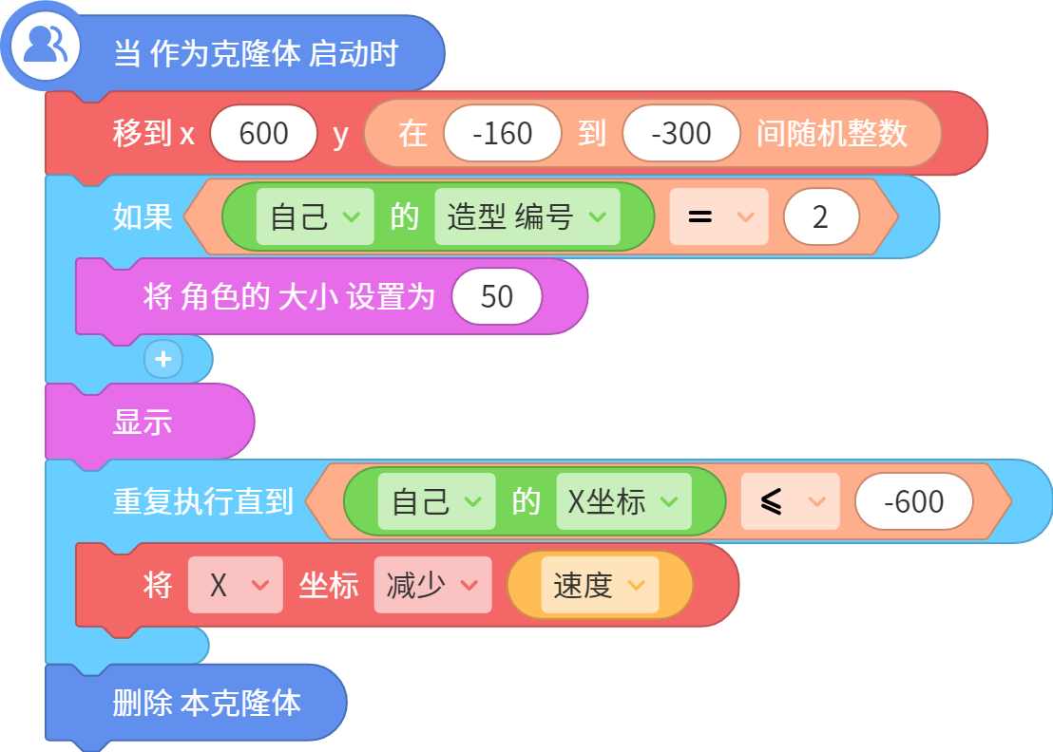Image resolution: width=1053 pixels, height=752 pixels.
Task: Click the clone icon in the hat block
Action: [45, 46]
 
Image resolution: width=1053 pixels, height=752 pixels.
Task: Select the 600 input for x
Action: [263, 133]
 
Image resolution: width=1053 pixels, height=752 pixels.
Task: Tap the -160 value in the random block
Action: [503, 133]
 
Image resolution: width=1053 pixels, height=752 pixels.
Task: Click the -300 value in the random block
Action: [681, 133]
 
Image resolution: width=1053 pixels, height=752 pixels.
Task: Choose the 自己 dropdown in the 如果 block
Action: [315, 216]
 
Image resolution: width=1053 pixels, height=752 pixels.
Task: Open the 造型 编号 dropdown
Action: [527, 216]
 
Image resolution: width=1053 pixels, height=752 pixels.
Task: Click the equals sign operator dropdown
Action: [718, 216]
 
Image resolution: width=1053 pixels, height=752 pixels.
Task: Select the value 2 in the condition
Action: [821, 216]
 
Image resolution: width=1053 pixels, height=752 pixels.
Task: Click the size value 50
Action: [497, 296]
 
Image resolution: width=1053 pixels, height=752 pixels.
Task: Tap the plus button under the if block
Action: [163, 360]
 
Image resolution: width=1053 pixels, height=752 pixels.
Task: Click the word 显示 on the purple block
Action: [143, 423]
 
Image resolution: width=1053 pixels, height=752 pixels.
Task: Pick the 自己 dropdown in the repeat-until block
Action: [436, 501]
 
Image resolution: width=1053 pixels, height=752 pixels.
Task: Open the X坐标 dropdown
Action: [623, 501]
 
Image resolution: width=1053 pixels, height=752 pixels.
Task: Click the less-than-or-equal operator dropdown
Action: [791, 501]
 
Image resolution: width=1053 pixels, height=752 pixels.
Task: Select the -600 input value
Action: [914, 501]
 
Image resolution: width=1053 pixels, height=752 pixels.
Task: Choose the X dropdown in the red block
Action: [235, 585]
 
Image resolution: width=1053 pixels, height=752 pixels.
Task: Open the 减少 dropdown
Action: [433, 585]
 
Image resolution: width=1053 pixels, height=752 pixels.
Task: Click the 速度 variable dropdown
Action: [600, 585]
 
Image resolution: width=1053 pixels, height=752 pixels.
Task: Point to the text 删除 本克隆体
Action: [207, 703]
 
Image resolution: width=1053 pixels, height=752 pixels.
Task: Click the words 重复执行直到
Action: [202, 501]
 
